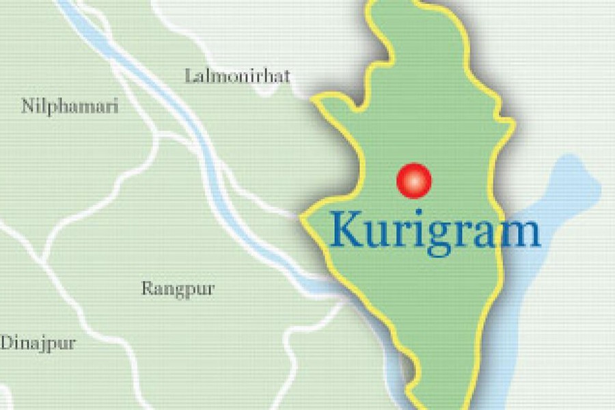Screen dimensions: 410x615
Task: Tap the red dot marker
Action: pos(414,180)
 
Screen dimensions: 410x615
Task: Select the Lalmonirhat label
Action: pos(237,76)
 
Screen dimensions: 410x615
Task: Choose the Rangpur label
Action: pos(178,288)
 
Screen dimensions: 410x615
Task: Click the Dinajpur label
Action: pos(38,343)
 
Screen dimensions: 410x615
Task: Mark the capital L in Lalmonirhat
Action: pos(189,75)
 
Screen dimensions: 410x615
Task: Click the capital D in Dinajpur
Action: pos(6,342)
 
